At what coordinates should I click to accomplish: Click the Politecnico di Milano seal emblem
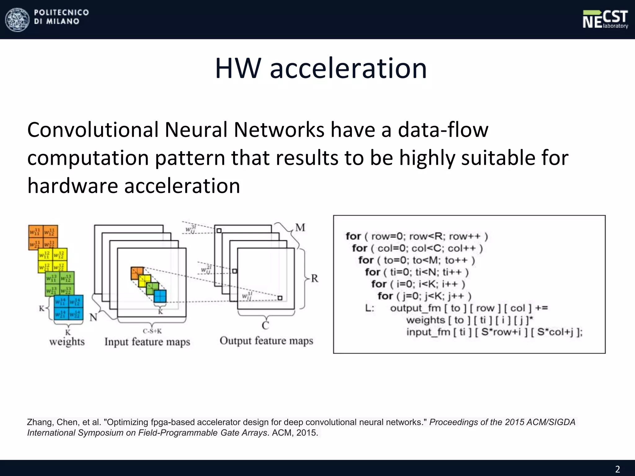tap(17, 19)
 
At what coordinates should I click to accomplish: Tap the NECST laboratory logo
tap(605, 19)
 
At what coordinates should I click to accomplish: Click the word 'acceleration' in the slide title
tap(348, 68)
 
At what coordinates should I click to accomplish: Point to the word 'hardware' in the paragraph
tap(73, 186)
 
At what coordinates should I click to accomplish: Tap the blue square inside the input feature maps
tap(160, 296)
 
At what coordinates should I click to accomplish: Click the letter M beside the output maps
tap(300, 227)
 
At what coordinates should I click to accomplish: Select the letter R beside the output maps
tap(314, 278)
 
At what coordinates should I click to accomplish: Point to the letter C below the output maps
tap(265, 325)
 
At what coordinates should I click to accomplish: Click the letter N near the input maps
tap(93, 317)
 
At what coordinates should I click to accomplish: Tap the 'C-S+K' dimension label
tap(152, 331)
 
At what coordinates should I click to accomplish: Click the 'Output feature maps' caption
tap(266, 341)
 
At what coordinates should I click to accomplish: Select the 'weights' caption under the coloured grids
tap(67, 342)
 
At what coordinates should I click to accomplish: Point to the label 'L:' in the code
tap(370, 308)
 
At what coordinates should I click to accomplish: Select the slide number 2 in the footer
tap(617, 469)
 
